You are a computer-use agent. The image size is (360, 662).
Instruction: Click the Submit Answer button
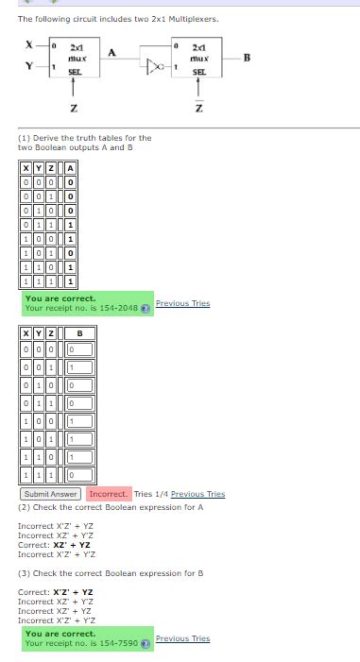point(50,494)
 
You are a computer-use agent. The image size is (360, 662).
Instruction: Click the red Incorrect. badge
point(108,494)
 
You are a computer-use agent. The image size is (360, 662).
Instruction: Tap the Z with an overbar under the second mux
point(198,108)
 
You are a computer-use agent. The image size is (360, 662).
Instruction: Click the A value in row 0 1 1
point(71,227)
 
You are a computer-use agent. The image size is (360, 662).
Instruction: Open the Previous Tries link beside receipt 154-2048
point(182,303)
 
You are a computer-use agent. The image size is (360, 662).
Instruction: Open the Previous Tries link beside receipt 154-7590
point(182,638)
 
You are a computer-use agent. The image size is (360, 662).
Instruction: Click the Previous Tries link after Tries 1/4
point(197,494)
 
